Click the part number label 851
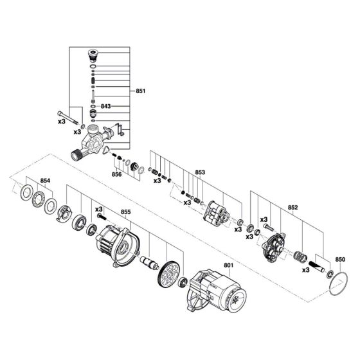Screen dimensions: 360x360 click(x=141, y=91)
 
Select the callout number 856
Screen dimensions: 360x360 click(x=116, y=174)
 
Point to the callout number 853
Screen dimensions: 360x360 click(x=200, y=172)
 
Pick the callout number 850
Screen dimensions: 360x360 click(x=340, y=260)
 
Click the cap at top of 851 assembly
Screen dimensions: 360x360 click(x=94, y=55)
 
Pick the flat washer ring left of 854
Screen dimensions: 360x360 click(x=27, y=192)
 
